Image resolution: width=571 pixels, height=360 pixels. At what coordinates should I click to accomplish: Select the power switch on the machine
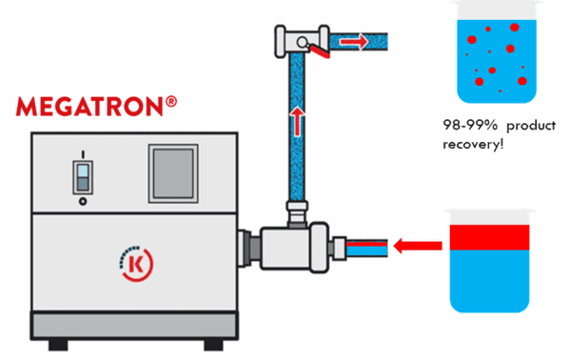pyautogui.click(x=83, y=177)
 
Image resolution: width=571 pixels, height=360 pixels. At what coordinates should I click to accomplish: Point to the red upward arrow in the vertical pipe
pyautogui.click(x=298, y=120)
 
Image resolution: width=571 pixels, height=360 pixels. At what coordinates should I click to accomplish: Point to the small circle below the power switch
pyautogui.click(x=83, y=202)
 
